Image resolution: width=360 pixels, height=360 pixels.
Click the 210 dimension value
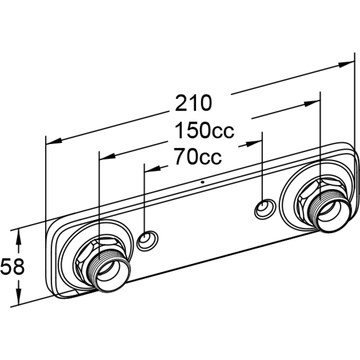point(193,103)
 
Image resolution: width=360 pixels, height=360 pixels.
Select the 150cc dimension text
point(204,130)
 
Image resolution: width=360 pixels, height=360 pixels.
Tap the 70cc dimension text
point(198,157)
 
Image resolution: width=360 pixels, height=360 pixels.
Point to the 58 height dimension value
point(12,266)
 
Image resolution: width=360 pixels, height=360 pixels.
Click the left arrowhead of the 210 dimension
point(54,141)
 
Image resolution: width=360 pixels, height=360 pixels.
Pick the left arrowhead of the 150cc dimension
point(107,156)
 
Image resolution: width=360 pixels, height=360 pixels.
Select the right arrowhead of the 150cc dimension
point(312,104)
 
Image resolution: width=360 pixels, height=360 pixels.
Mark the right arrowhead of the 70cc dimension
point(254,144)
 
